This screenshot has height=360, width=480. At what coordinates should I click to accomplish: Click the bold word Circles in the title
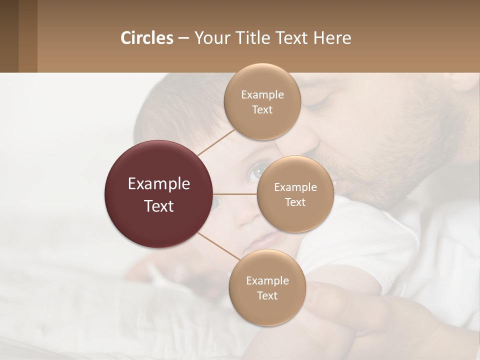tap(147, 38)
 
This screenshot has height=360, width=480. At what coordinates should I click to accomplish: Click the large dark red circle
tap(159, 194)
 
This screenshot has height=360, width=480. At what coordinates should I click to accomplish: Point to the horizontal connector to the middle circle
tap(235, 194)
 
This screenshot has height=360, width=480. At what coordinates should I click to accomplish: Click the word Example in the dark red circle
tap(159, 184)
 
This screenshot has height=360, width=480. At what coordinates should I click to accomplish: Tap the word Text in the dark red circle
tap(159, 206)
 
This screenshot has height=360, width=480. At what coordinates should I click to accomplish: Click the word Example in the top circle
tap(262, 95)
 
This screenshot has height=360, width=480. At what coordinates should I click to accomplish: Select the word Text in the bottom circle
tap(267, 296)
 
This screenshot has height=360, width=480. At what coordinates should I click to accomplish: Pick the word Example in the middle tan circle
tap(295, 187)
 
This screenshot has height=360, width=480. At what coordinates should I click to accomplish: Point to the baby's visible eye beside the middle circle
tap(256, 172)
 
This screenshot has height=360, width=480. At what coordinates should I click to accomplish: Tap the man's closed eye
tap(320, 102)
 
